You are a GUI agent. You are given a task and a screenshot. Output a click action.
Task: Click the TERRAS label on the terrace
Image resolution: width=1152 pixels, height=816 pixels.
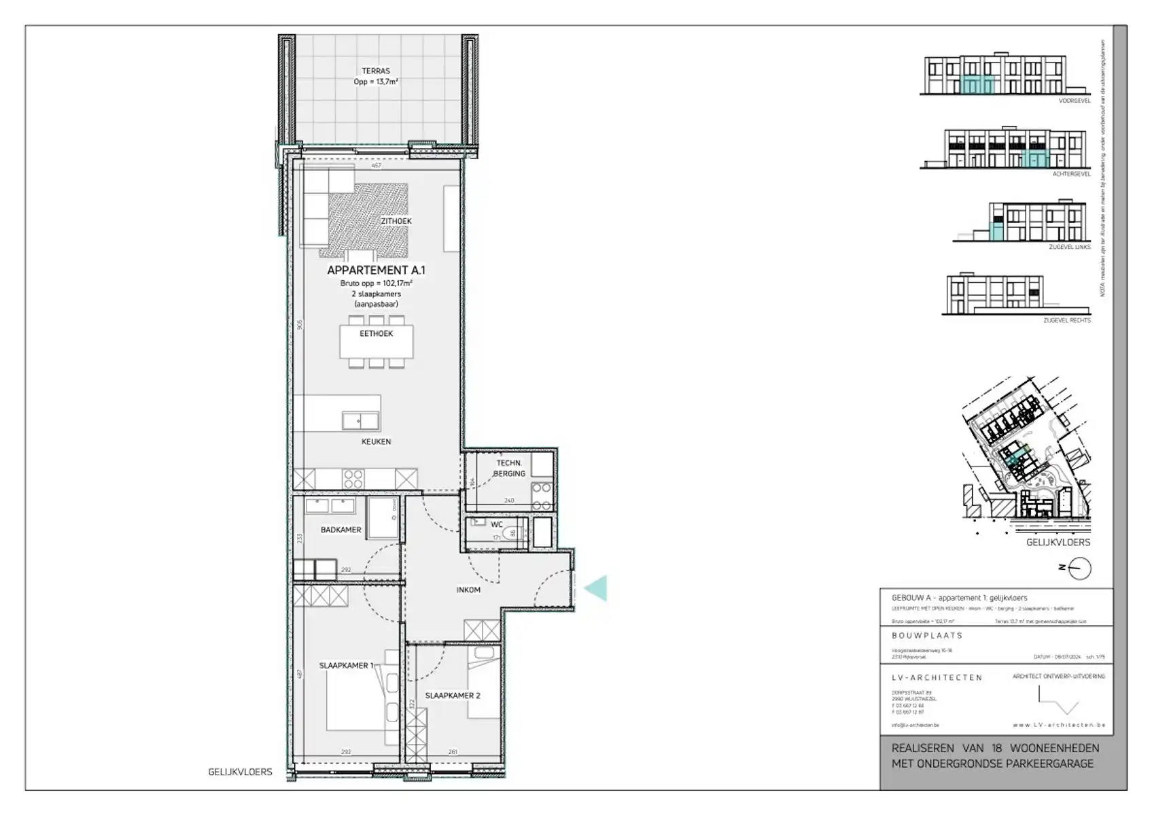click(375, 71)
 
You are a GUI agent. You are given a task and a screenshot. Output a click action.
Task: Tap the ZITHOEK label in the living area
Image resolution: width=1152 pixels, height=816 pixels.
click(396, 221)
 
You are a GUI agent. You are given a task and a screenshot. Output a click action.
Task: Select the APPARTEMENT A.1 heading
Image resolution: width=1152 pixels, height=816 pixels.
click(375, 270)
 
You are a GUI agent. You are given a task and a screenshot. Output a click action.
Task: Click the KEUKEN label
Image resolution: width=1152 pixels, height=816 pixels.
click(376, 442)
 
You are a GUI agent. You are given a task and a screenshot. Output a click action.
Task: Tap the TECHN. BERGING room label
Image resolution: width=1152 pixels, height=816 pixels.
click(509, 469)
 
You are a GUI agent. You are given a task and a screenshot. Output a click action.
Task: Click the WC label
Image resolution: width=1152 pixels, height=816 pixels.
click(497, 525)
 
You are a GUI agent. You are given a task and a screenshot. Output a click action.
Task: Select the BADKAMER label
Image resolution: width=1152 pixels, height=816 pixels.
click(341, 530)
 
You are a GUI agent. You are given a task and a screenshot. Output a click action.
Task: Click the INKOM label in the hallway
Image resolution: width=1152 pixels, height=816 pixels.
click(468, 590)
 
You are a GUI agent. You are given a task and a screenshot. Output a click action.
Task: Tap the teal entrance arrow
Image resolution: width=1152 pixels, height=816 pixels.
click(596, 588)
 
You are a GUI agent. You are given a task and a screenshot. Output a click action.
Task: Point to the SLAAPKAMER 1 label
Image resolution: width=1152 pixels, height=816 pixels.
click(346, 666)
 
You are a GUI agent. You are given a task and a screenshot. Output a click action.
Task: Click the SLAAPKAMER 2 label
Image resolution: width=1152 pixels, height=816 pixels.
click(453, 696)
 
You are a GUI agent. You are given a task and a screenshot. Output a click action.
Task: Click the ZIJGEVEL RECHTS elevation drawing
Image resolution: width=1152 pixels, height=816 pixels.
click(993, 294)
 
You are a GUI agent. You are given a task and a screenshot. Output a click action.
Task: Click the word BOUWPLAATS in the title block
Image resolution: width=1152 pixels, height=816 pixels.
click(927, 635)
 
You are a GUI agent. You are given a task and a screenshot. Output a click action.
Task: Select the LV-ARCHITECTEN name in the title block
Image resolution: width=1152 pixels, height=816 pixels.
click(937, 677)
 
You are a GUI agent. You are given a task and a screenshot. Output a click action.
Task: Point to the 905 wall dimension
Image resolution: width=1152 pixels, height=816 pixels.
click(299, 325)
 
